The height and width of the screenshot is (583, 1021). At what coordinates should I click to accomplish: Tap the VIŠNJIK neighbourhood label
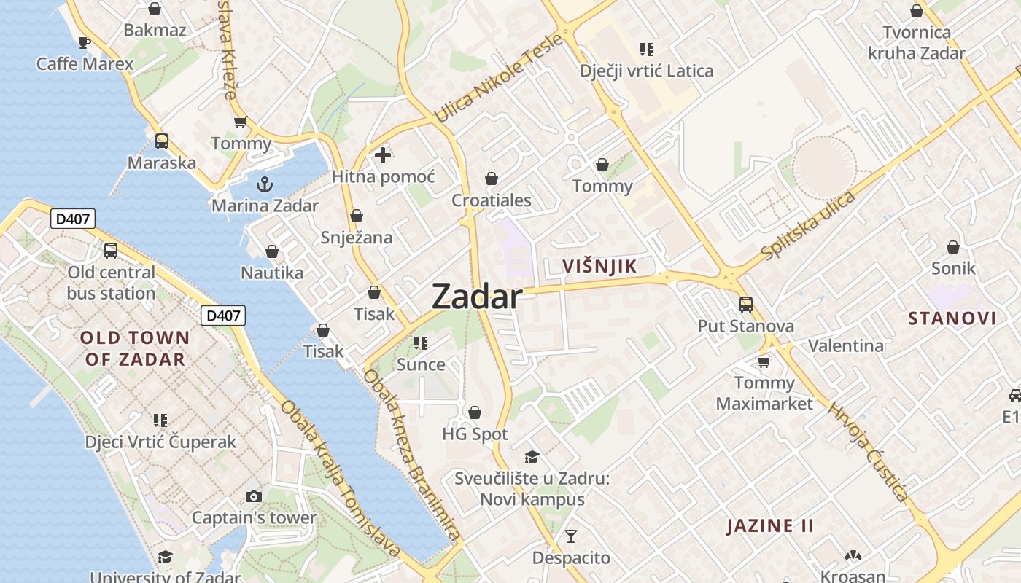tap(599, 267)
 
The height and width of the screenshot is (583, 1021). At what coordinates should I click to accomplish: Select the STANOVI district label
tap(952, 318)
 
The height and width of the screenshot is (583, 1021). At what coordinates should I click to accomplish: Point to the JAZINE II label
tap(769, 525)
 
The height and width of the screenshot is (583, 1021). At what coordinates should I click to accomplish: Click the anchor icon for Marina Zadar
tap(265, 184)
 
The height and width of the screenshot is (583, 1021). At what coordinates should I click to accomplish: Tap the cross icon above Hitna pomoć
tap(383, 155)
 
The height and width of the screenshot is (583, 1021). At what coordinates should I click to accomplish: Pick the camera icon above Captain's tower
tap(254, 496)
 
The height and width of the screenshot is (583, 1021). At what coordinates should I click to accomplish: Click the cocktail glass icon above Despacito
tap(571, 536)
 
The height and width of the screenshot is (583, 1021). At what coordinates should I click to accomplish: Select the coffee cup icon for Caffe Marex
tap(85, 42)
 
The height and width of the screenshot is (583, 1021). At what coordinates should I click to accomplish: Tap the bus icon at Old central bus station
tap(111, 251)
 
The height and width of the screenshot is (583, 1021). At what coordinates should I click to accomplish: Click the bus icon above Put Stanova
tap(745, 304)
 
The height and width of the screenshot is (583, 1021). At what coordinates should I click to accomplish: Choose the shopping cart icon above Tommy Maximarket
tap(764, 361)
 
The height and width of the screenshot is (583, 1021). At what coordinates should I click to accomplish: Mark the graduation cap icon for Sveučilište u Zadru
tap(532, 457)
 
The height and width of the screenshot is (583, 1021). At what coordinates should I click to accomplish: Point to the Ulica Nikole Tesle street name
tap(499, 78)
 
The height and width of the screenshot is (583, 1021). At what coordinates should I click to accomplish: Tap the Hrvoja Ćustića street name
tap(868, 452)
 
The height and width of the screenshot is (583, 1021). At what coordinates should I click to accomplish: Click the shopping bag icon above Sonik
tap(952, 247)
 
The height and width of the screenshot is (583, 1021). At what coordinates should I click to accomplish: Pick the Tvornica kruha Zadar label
tap(917, 42)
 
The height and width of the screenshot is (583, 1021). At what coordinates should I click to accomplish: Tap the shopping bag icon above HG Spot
tap(475, 413)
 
